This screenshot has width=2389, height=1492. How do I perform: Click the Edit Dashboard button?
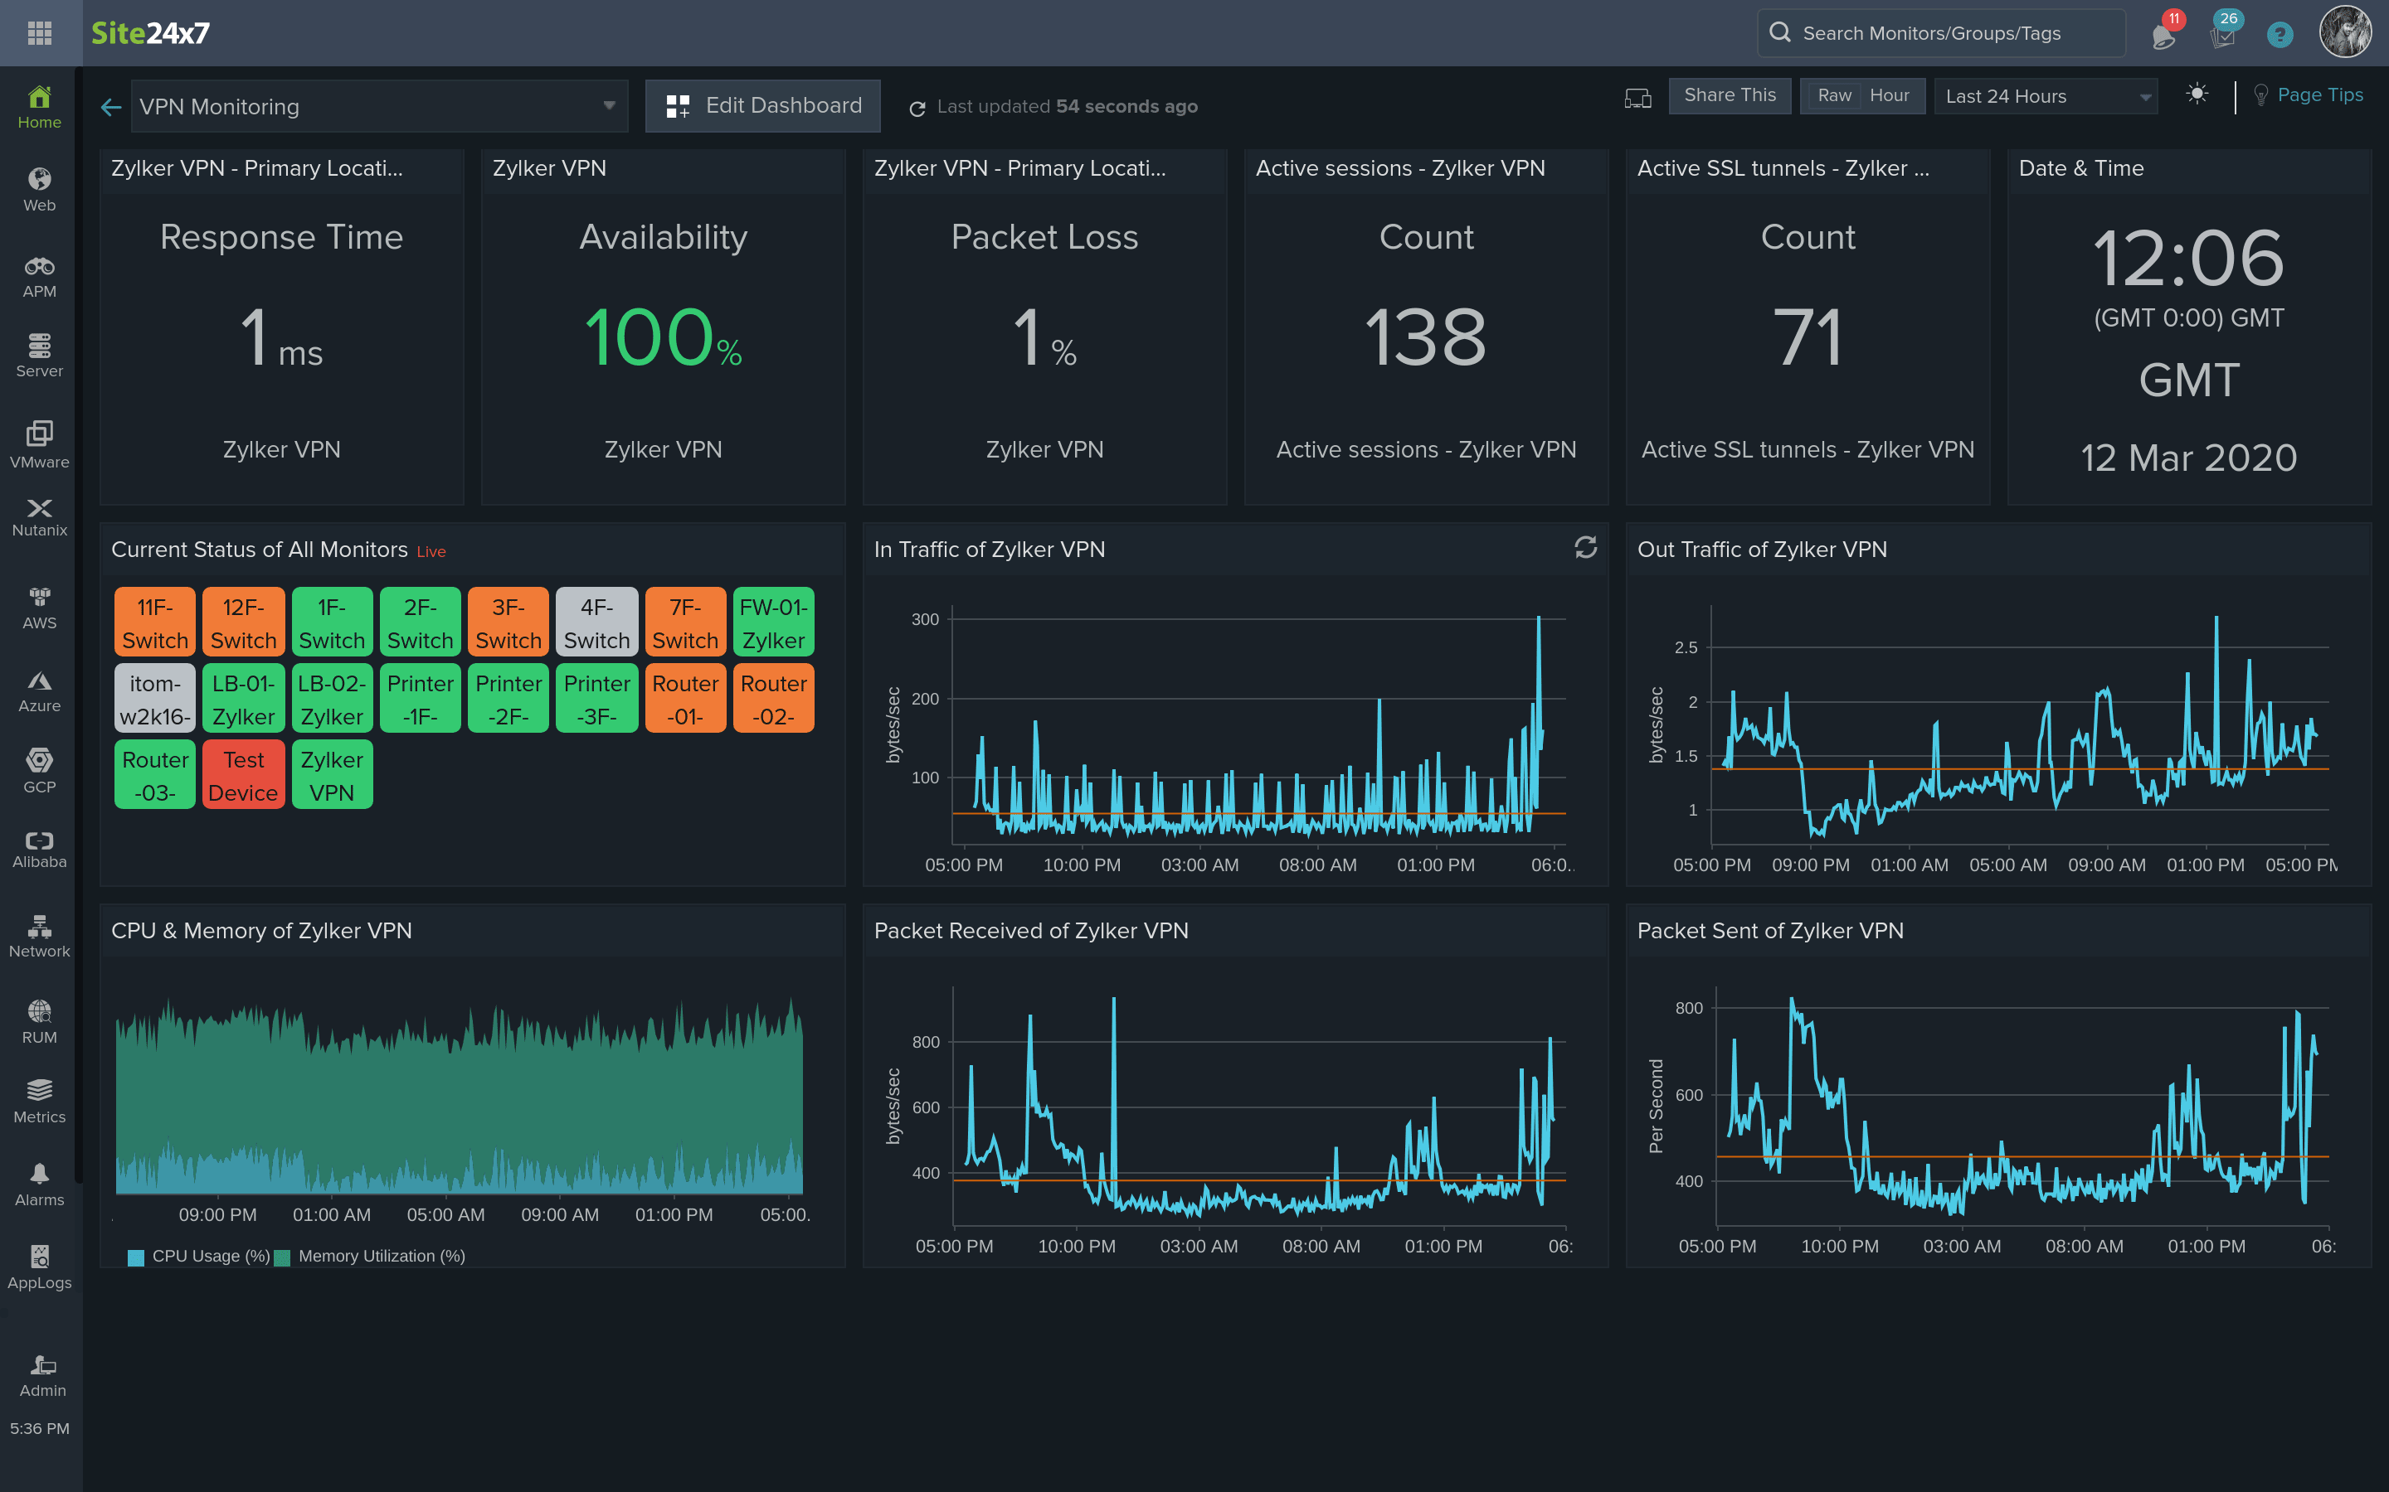pyautogui.click(x=762, y=105)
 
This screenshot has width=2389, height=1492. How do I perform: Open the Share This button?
pyautogui.click(x=1729, y=95)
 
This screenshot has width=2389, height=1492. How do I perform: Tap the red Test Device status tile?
pyautogui.click(x=243, y=776)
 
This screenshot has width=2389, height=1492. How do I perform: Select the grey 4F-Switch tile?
pyautogui.click(x=596, y=622)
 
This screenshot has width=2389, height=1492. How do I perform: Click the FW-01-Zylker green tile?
pyautogui.click(x=773, y=622)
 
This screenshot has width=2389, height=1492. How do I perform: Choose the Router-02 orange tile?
pyautogui.click(x=773, y=699)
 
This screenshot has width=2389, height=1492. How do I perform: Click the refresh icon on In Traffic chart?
pyautogui.click(x=1585, y=548)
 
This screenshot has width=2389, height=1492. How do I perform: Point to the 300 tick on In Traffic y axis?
pyautogui.click(x=925, y=620)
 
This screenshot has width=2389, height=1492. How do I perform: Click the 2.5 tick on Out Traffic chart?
pyautogui.click(x=1686, y=647)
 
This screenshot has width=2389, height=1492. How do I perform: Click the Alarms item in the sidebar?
pyautogui.click(x=40, y=1184)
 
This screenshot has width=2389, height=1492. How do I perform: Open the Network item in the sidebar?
pyautogui.click(x=40, y=936)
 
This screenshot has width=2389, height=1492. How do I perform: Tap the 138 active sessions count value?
pyautogui.click(x=1425, y=337)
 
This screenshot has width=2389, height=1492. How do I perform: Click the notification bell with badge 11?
pyautogui.click(x=2163, y=36)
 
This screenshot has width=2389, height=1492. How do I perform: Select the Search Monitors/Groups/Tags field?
pyautogui.click(x=1940, y=33)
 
